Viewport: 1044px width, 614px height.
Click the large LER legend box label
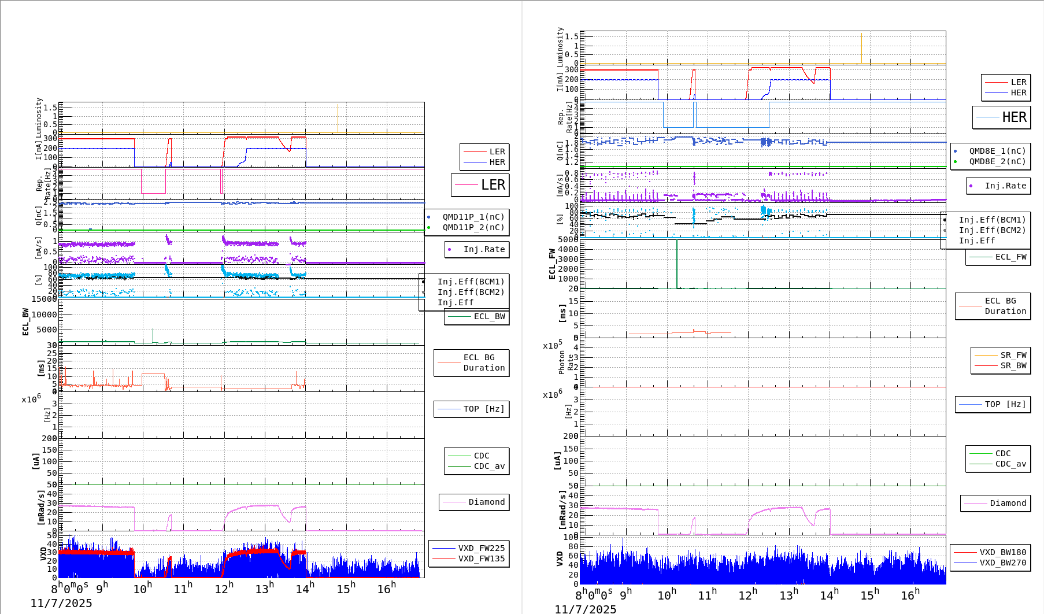(493, 185)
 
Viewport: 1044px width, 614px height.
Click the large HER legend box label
(1014, 117)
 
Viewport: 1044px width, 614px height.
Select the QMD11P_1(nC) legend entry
(473, 217)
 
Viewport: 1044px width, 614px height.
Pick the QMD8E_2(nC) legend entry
(997, 161)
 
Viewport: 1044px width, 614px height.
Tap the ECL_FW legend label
(1010, 257)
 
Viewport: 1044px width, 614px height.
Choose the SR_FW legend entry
(1013, 355)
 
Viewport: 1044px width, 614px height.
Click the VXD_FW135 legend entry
(481, 558)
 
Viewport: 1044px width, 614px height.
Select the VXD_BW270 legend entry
(1002, 563)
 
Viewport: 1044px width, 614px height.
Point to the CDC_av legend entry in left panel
(489, 466)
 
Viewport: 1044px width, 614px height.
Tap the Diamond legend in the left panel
(486, 502)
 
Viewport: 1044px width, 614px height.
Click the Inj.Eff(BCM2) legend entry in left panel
(471, 292)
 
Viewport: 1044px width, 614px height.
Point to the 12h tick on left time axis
(224, 589)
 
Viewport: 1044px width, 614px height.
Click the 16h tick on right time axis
(910, 595)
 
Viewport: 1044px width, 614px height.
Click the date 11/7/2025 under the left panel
(61, 603)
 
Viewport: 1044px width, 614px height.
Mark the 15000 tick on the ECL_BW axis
(44, 299)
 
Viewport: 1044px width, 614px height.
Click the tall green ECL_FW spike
(677, 263)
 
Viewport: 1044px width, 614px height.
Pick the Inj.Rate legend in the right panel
(1005, 186)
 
